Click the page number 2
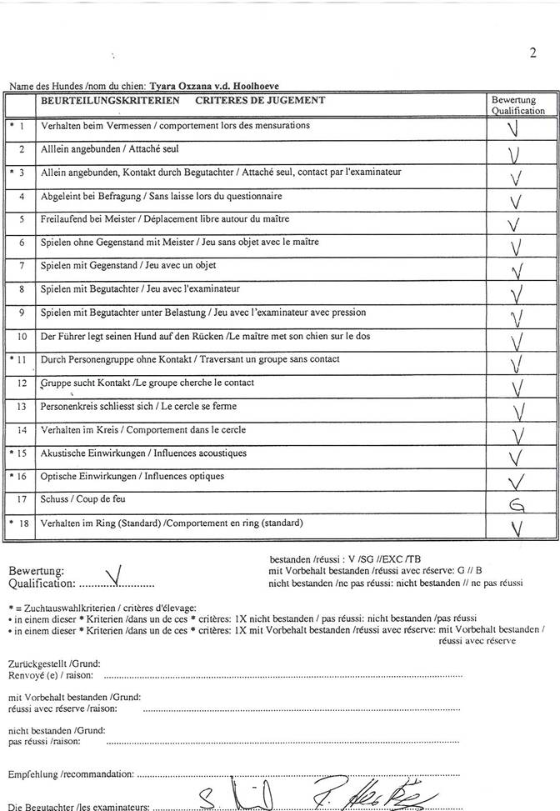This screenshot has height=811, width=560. coord(532,54)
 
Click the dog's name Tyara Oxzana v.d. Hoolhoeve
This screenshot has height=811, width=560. coord(212,86)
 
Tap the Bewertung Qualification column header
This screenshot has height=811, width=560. coord(517,105)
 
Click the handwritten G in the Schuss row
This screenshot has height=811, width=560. coord(516,504)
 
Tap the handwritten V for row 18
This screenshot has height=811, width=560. coord(517,528)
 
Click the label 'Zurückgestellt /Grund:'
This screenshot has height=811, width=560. coord(54,663)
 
